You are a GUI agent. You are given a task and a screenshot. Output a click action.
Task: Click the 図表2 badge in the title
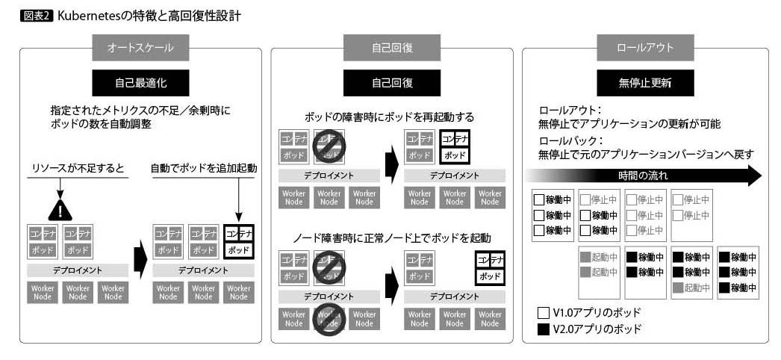[x=38, y=15]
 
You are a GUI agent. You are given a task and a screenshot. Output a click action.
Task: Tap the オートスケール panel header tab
[x=140, y=48]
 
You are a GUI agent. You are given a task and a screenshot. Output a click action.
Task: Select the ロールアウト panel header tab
[x=645, y=48]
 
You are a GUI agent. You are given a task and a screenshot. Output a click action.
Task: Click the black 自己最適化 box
[x=140, y=81]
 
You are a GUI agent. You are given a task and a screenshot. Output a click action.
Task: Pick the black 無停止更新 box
[x=645, y=81]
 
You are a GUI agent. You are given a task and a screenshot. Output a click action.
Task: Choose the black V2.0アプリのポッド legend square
[x=543, y=328]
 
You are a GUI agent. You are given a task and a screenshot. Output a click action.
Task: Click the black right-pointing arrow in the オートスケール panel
[x=137, y=261]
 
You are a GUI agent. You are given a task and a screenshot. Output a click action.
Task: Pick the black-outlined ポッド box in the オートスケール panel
[x=239, y=249]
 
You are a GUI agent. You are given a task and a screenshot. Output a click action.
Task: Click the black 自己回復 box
[x=392, y=81]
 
